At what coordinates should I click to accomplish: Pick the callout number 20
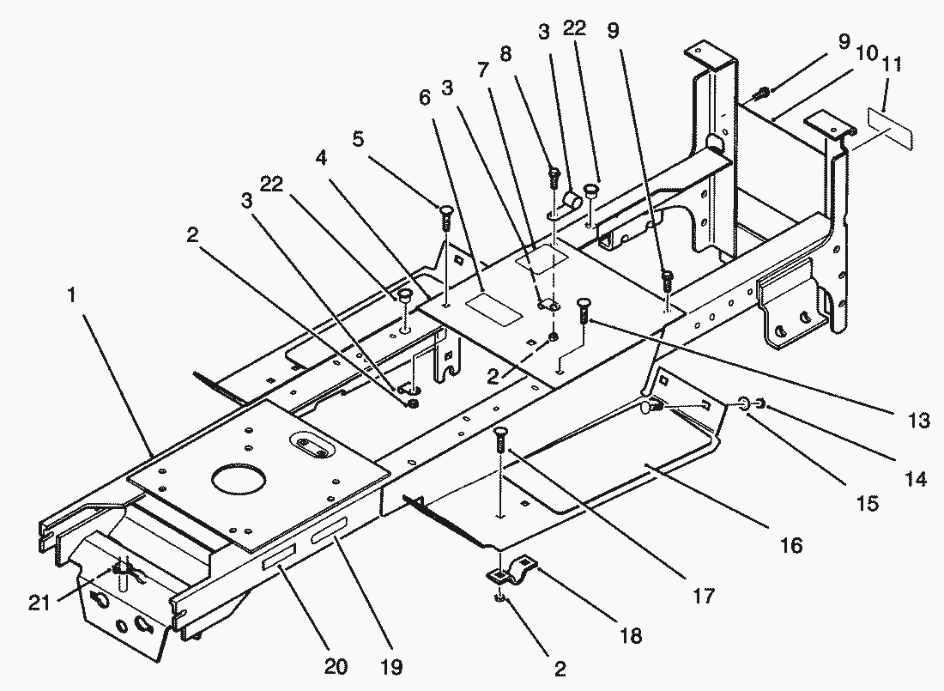(x=336, y=666)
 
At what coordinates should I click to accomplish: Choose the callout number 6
(x=425, y=99)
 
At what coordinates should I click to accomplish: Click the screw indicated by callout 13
(x=584, y=307)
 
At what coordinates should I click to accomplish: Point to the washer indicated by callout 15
(x=743, y=402)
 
